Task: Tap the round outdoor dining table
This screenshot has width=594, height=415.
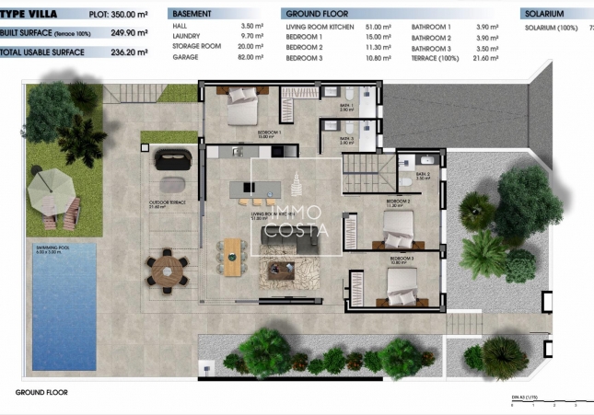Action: [x=167, y=269]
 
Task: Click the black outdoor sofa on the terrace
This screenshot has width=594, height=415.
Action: [x=170, y=159]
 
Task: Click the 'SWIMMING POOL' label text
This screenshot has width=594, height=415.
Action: [x=51, y=248]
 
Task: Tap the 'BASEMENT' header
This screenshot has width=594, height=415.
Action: [x=192, y=15]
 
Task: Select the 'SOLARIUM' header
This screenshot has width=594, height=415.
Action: [x=545, y=15]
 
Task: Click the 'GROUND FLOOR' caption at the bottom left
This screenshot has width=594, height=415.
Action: [x=41, y=392]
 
